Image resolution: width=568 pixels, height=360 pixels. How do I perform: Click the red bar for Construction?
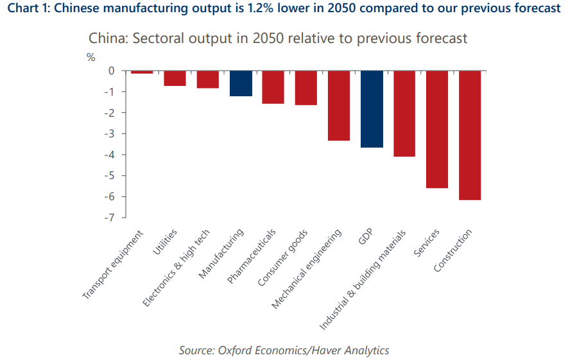pyautogui.click(x=470, y=135)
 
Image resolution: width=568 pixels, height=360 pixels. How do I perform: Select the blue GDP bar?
pyautogui.click(x=372, y=109)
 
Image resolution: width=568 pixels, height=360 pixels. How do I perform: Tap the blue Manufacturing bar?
pyautogui.click(x=241, y=83)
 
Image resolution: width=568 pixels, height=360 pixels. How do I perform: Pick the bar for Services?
pyautogui.click(x=437, y=129)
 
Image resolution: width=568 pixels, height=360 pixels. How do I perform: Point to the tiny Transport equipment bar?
pyautogui.click(x=142, y=73)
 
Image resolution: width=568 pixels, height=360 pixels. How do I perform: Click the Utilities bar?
pyautogui.click(x=175, y=78)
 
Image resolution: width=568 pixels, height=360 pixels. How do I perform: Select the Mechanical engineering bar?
pyautogui.click(x=339, y=105)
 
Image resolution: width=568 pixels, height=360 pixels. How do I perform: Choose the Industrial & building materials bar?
pyautogui.click(x=404, y=114)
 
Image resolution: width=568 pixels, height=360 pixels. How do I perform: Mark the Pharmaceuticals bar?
pyautogui.click(x=273, y=87)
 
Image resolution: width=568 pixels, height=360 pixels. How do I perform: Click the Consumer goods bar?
pyautogui.click(x=306, y=88)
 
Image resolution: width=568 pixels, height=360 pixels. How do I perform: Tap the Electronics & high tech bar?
pyautogui.click(x=207, y=80)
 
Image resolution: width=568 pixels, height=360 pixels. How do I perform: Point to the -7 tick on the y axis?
pyautogui.click(x=110, y=218)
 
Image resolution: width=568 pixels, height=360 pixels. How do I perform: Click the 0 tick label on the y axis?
pyautogui.click(x=111, y=71)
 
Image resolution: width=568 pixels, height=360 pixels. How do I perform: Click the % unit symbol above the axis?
pyautogui.click(x=90, y=57)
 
